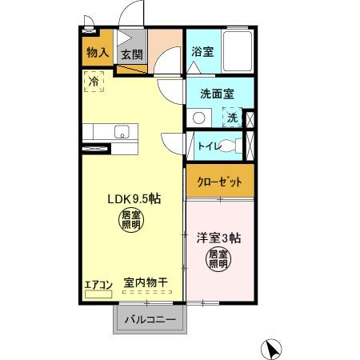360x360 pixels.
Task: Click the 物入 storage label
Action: click(x=98, y=54)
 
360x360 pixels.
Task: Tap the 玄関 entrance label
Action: click(x=132, y=54)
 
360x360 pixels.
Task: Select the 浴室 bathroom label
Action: click(x=202, y=51)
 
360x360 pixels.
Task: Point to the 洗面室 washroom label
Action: click(x=217, y=94)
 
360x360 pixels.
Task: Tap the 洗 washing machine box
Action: click(x=232, y=118)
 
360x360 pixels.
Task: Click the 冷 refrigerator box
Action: click(x=94, y=81)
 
